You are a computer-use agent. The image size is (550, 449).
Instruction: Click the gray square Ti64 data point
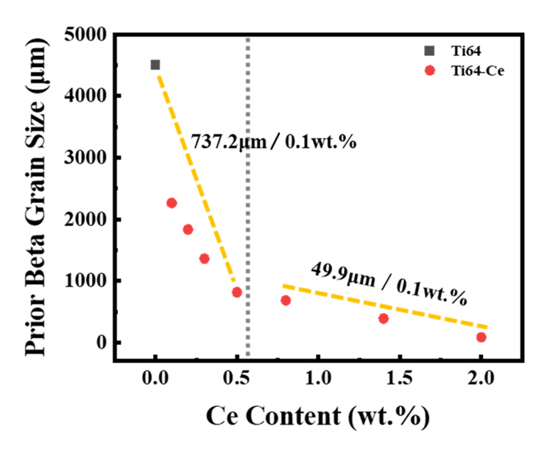pyautogui.click(x=155, y=65)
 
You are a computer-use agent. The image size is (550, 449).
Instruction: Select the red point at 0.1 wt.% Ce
pyautogui.click(x=172, y=203)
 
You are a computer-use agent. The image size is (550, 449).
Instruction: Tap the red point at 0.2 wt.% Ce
pyautogui.click(x=188, y=230)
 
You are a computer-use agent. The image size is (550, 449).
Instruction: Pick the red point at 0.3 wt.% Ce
pyautogui.click(x=204, y=258)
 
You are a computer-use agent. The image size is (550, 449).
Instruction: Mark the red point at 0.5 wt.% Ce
pyautogui.click(x=237, y=292)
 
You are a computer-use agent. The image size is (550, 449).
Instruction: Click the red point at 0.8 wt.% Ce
pyautogui.click(x=286, y=300)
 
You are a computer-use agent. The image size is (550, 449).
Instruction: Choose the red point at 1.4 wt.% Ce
pyautogui.click(x=384, y=319)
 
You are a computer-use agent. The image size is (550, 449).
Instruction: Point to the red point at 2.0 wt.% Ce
pyautogui.click(x=482, y=337)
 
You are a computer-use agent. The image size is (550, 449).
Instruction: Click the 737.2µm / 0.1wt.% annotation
pyautogui.click(x=274, y=141)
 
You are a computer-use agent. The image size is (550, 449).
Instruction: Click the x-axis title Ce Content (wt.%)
pyautogui.click(x=318, y=415)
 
